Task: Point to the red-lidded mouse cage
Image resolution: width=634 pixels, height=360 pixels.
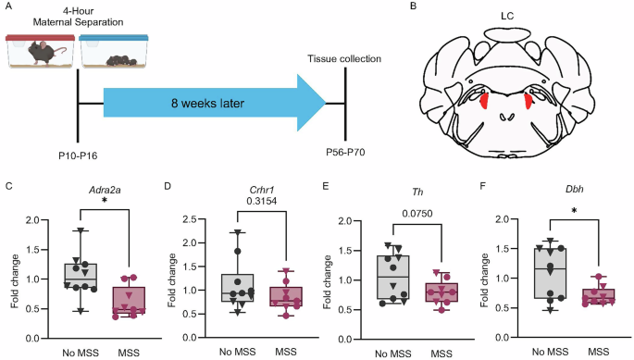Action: (x=40, y=52)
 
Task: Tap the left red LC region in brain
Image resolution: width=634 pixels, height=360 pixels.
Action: (x=484, y=100)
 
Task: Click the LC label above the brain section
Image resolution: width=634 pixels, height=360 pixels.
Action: (x=507, y=16)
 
